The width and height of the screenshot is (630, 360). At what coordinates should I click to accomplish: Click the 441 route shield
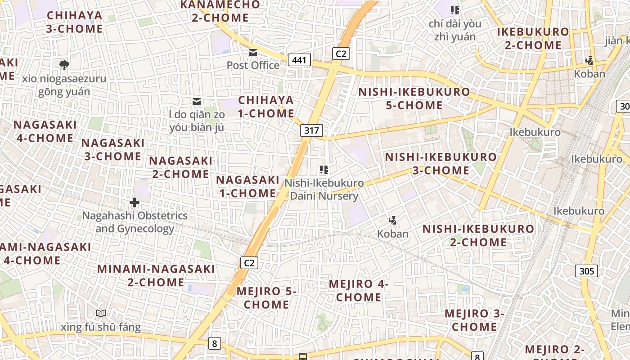point(299,60)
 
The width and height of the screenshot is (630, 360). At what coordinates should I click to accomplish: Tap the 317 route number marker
point(311,131)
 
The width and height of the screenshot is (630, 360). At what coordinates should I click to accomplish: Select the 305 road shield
point(586,271)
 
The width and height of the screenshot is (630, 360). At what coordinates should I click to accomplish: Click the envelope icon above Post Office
point(253,53)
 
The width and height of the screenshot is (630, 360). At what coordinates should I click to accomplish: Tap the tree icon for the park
point(64,65)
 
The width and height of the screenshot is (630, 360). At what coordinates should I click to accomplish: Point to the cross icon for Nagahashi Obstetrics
point(134,202)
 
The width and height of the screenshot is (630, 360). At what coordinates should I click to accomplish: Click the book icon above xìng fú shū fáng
point(101,313)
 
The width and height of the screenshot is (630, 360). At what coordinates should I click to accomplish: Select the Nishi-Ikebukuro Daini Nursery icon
point(324,170)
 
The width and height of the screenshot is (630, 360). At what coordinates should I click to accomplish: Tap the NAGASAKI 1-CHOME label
point(247,186)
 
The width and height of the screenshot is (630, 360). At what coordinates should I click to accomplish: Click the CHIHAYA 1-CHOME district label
point(266,107)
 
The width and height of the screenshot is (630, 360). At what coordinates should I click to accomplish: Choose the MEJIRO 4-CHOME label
point(359,290)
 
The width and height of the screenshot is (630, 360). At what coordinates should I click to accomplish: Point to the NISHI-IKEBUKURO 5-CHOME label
point(414,99)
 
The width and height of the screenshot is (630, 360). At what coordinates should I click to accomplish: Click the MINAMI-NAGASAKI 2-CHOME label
point(156,275)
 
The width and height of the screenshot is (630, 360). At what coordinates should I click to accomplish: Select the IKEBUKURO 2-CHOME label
point(533,38)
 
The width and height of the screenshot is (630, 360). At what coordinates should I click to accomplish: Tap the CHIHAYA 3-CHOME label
point(75,22)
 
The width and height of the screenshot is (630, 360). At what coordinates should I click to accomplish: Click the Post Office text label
point(253,66)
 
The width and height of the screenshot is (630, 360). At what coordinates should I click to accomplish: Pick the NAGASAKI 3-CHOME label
point(113,149)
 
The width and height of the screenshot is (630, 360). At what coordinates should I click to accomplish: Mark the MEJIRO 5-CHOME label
point(266,297)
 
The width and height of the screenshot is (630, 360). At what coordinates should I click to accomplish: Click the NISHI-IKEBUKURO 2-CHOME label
point(478,235)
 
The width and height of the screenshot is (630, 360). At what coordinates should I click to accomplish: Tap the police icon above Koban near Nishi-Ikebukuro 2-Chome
point(393,220)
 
